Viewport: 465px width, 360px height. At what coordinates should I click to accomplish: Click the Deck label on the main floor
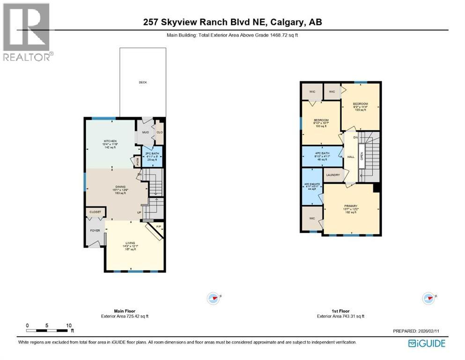(x=143, y=82)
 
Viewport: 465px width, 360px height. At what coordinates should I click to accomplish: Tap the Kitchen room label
(x=110, y=141)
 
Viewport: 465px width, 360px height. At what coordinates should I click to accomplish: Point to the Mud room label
(x=145, y=133)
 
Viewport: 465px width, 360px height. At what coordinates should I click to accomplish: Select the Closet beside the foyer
(x=95, y=212)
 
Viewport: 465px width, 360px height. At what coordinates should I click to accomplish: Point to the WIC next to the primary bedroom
(x=311, y=218)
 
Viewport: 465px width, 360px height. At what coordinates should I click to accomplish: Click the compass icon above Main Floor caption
(x=214, y=297)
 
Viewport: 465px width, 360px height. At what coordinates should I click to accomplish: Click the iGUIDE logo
(x=427, y=343)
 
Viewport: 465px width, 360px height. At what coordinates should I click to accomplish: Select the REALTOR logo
(x=26, y=32)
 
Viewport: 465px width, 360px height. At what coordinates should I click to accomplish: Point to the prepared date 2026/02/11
(x=417, y=331)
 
